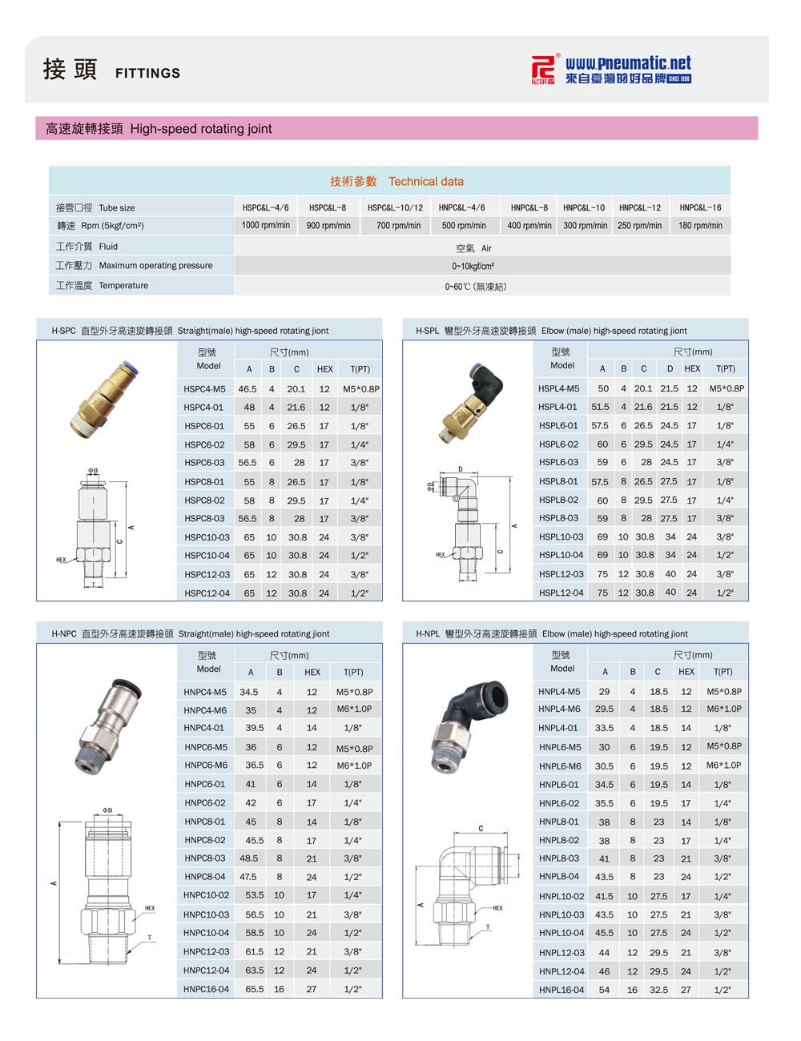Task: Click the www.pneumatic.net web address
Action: [628, 63]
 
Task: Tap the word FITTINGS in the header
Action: [147, 73]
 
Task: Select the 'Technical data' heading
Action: [426, 182]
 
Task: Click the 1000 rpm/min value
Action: [266, 225]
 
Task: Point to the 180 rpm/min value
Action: [700, 225]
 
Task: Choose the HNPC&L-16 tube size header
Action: [700, 207]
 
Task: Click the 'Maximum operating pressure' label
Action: [155, 265]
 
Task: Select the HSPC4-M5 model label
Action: [205, 388]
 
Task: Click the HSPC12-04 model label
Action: [207, 593]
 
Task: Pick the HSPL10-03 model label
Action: [561, 537]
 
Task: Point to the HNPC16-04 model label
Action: [206, 989]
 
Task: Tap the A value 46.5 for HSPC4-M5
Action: [248, 388]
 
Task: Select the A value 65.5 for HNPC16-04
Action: [254, 989]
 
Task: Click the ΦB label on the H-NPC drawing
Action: [107, 810]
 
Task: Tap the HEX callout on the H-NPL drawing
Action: [497, 908]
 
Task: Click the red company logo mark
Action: [543, 69]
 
